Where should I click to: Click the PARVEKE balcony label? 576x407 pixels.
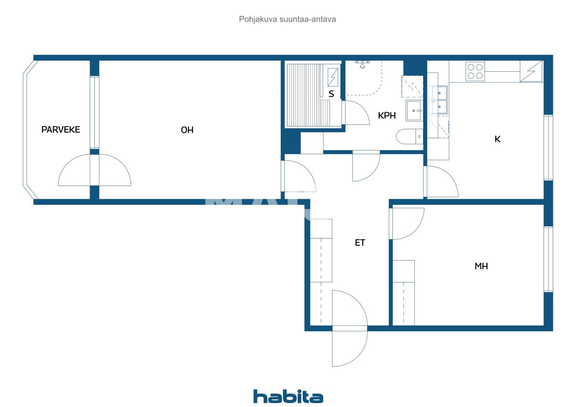click(60, 129)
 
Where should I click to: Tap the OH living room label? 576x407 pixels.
click(187, 130)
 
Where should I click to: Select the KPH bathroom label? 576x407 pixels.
click(387, 115)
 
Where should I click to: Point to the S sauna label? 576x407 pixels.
click(331, 94)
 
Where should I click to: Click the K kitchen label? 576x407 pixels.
click(498, 139)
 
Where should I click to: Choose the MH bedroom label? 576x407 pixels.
click(481, 266)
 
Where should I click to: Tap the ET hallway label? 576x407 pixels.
click(360, 243)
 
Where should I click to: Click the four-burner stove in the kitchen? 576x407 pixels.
click(475, 71)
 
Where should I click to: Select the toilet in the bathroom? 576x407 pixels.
click(409, 137)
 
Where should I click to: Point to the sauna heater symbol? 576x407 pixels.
click(333, 77)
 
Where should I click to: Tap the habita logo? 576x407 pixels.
click(288, 396)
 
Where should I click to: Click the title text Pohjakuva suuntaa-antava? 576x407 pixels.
click(287, 19)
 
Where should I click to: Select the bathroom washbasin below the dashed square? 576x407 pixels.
click(414, 111)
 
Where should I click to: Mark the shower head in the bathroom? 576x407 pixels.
click(363, 64)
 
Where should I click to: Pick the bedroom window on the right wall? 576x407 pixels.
click(548, 259)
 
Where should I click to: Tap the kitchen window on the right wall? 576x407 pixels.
click(548, 147)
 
